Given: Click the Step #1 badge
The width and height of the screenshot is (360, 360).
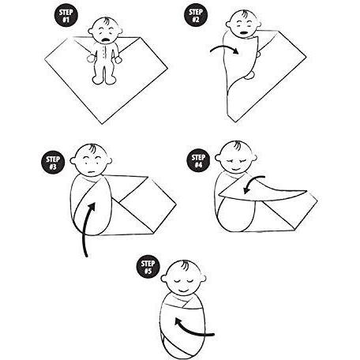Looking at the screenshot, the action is coord(66,16).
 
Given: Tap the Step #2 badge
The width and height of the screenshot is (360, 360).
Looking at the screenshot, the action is coord(196,15).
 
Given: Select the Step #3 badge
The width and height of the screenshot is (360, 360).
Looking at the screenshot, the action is coord(53,163).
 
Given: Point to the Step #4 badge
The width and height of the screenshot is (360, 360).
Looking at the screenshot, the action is coord(198,161).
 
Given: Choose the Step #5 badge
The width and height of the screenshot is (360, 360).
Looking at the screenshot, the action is coord(148,267).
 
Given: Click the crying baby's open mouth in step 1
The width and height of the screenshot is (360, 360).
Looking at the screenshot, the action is coord(106,40).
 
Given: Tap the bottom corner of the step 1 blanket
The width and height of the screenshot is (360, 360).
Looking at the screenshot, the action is coord(102,124).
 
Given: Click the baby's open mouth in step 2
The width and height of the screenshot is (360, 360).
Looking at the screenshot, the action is coord(244,34).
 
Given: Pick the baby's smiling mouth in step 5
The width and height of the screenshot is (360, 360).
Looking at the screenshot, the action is coord(183,291).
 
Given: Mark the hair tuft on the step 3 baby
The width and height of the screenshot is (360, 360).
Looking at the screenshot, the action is coord(92,148).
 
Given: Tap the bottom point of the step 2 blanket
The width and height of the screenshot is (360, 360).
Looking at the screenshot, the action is coord(235,122).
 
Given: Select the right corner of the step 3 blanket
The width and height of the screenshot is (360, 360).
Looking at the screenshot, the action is coord(176,204).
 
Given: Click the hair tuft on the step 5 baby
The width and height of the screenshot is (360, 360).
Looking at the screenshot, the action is coord(184,265).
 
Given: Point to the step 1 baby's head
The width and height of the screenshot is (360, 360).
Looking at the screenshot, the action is coord(105,31).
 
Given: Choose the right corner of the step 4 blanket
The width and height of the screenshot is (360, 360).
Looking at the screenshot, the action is coord(317,201).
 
